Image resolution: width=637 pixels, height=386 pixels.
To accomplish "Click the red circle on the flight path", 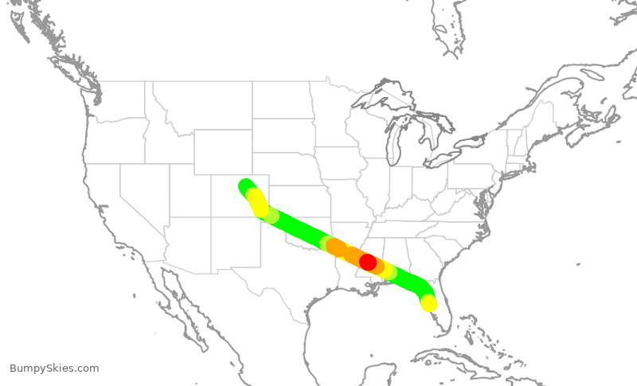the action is click(x=367, y=261).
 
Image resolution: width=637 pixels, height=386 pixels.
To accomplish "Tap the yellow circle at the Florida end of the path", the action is click(x=428, y=303).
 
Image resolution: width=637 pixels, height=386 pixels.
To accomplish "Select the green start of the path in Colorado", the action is click(x=245, y=186).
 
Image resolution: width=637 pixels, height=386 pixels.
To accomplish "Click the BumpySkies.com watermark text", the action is click(x=55, y=368).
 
